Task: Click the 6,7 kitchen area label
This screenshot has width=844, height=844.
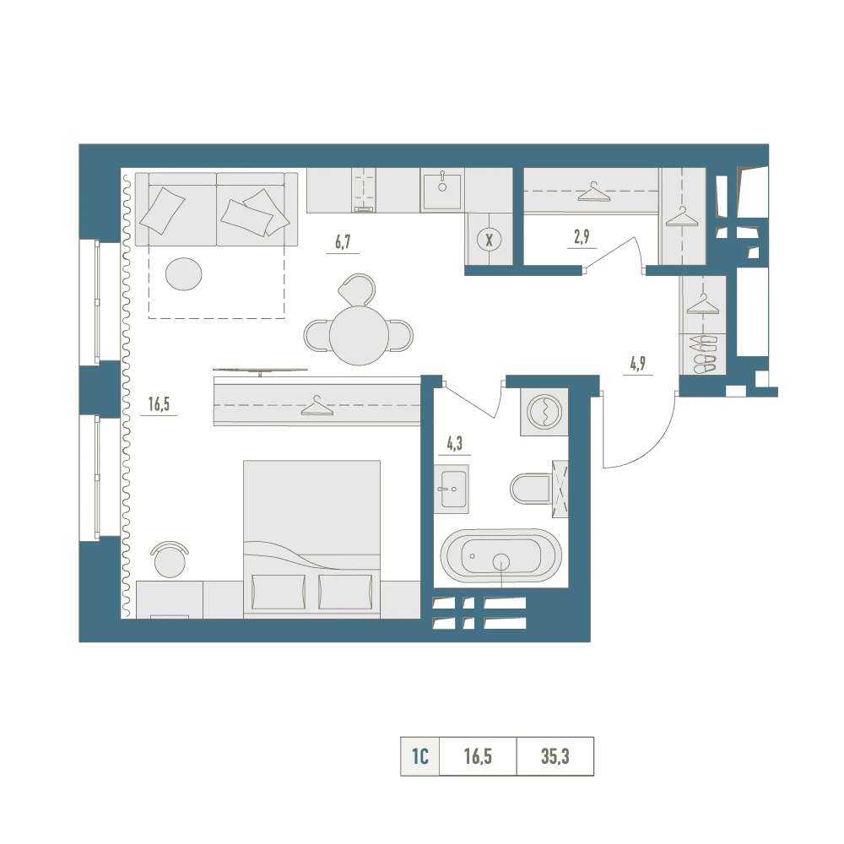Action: (x=343, y=241)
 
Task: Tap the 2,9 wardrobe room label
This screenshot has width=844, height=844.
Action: (x=582, y=236)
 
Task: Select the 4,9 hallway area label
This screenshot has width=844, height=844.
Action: (x=638, y=363)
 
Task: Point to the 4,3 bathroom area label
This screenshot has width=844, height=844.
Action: (x=454, y=444)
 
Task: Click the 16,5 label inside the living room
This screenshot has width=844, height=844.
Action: (x=159, y=403)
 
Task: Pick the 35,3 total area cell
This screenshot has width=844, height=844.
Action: (x=555, y=756)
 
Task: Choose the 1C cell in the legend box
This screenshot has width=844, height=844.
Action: (x=419, y=756)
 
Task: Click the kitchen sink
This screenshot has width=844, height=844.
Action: (x=442, y=191)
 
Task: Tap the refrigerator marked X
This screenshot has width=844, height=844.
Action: (x=490, y=240)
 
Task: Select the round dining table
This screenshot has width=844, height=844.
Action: (x=359, y=336)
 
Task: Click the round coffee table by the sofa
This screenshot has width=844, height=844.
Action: (x=183, y=274)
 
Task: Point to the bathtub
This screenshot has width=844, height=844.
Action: (x=500, y=556)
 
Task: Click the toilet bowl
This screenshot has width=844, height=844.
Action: (x=531, y=489)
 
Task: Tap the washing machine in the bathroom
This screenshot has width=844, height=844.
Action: (x=544, y=412)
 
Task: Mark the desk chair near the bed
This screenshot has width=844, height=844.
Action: (x=170, y=559)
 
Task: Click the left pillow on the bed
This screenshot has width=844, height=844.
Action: (x=279, y=592)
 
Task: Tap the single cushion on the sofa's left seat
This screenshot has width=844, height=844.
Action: (x=162, y=210)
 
